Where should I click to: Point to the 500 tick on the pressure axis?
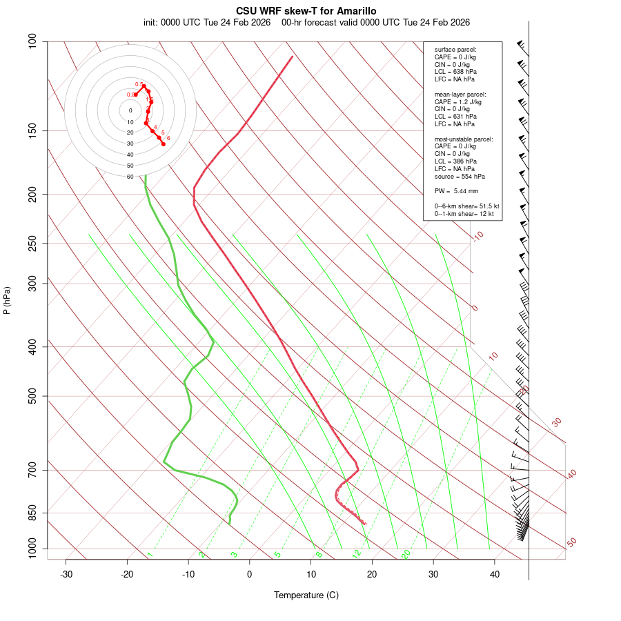click(33, 396)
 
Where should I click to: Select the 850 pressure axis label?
click(33, 513)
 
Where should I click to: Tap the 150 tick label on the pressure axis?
click(33, 130)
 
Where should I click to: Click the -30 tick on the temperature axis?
click(66, 574)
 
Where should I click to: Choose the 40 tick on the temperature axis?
click(495, 574)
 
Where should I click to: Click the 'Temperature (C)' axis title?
click(306, 595)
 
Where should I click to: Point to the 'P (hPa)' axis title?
click(7, 300)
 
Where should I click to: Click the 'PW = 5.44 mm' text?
click(456, 191)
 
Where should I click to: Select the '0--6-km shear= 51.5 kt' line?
click(466, 206)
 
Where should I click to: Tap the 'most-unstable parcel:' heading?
click(464, 139)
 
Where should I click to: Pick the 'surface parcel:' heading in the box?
click(455, 50)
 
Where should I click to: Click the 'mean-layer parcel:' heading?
click(460, 95)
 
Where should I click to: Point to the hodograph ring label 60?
click(130, 177)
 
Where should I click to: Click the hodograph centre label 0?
click(130, 110)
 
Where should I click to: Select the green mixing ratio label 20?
click(406, 554)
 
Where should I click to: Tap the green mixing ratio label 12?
click(357, 554)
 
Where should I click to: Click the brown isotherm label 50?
click(571, 542)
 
